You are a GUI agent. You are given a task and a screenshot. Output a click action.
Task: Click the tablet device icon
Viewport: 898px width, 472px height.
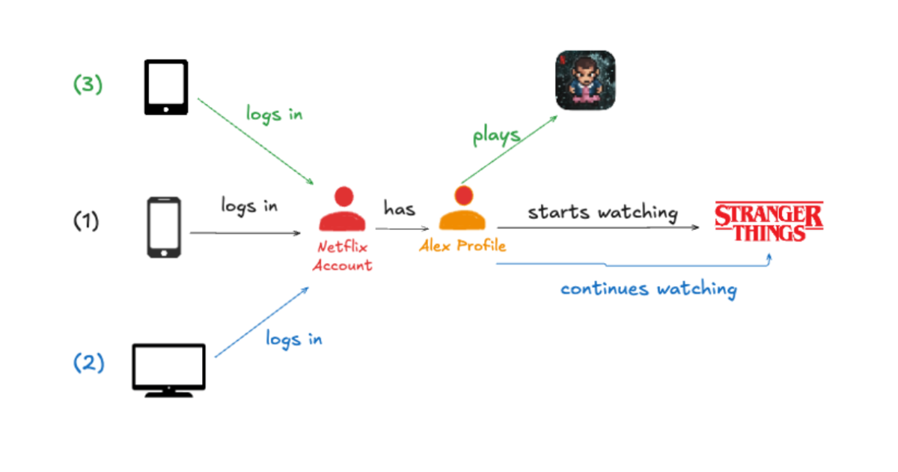pyautogui.click(x=166, y=87)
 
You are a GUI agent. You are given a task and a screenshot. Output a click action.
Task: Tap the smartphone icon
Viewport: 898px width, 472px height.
pyautogui.click(x=164, y=227)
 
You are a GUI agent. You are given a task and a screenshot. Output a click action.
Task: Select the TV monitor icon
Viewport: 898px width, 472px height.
pyautogui.click(x=169, y=370)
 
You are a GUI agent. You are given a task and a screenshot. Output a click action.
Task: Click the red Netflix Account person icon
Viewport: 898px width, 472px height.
pyautogui.click(x=343, y=209)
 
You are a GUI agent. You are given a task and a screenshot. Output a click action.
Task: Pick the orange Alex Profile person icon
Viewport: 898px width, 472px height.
pyautogui.click(x=462, y=208)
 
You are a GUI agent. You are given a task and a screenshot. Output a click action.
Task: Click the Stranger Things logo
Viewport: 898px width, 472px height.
pyautogui.click(x=769, y=222)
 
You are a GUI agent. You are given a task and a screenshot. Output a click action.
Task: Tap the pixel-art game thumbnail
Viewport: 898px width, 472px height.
pyautogui.click(x=585, y=80)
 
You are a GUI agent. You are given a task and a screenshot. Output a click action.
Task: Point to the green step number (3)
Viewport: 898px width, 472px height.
pyautogui.click(x=88, y=84)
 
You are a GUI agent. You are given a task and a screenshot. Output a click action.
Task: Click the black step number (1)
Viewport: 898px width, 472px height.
pyautogui.click(x=86, y=221)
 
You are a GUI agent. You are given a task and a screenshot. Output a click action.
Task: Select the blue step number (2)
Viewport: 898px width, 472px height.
pyautogui.click(x=88, y=363)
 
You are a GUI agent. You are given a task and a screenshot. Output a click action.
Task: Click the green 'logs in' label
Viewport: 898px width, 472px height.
pyautogui.click(x=274, y=114)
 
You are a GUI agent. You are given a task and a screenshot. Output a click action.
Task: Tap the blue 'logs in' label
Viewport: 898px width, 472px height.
pyautogui.click(x=294, y=339)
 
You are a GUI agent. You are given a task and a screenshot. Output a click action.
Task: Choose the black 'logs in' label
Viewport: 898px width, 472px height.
pyautogui.click(x=249, y=206)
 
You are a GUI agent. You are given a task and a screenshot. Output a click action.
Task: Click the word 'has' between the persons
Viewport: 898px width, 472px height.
pyautogui.click(x=400, y=208)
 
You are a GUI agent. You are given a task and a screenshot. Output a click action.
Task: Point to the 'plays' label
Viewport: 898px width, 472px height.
pyautogui.click(x=497, y=136)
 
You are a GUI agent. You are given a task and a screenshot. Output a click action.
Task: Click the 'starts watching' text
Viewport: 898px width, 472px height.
pyautogui.click(x=603, y=212)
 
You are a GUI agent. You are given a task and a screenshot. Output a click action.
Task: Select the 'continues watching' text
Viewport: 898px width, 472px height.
pyautogui.click(x=649, y=289)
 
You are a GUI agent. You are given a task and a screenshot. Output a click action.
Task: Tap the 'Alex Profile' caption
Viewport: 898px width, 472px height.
pyautogui.click(x=462, y=246)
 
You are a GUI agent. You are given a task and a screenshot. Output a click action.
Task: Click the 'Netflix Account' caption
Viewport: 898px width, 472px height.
pyautogui.click(x=343, y=256)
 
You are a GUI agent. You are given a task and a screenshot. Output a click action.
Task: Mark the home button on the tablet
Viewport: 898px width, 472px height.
pyautogui.click(x=166, y=109)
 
